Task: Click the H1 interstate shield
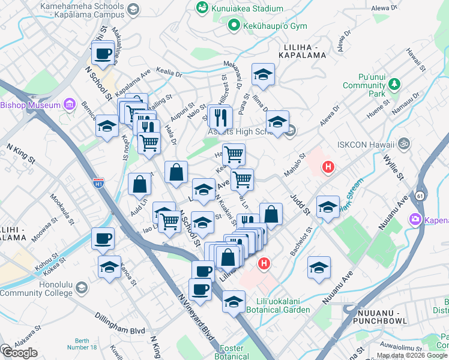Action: [98, 181]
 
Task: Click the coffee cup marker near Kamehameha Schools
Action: [103, 54]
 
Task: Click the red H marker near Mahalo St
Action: [327, 167]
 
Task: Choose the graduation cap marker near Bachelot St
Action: [328, 207]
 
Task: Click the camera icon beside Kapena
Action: [416, 220]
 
